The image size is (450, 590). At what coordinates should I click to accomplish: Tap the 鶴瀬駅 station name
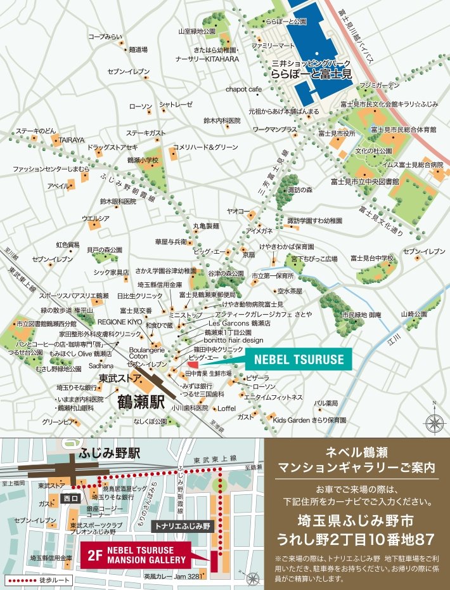141,402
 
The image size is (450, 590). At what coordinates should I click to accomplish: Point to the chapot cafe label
243,89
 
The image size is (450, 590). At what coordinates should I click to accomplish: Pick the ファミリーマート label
274,46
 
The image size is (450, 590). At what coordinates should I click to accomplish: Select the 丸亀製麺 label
206,225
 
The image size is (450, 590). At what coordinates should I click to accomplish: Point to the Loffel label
227,408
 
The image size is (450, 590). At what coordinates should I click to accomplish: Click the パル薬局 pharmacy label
326,402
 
